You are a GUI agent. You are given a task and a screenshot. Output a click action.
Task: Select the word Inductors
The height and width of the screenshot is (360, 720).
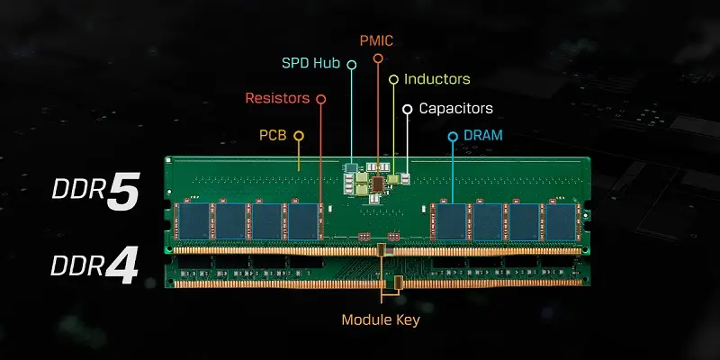(x=436, y=79)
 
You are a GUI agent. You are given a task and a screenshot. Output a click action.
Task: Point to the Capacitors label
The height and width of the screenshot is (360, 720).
(x=457, y=108)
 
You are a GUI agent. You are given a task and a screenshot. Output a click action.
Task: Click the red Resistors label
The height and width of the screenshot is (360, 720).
(x=277, y=98)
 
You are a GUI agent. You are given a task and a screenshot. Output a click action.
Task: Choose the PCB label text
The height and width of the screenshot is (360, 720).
(x=273, y=135)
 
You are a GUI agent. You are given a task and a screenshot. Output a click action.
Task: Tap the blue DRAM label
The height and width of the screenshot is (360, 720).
(x=483, y=135)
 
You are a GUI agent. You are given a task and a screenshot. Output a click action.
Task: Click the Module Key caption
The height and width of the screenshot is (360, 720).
(x=380, y=319)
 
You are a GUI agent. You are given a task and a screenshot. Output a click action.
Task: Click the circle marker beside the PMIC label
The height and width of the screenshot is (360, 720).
(x=379, y=58)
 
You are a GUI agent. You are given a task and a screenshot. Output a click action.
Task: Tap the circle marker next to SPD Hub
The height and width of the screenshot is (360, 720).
(x=352, y=65)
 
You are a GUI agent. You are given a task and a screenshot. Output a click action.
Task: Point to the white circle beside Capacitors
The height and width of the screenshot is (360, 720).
(x=408, y=109)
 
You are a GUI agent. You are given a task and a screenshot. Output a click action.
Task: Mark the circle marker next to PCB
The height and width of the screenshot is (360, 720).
(x=299, y=136)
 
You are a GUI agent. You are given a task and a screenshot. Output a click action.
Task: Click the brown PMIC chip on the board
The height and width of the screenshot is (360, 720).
(x=379, y=184)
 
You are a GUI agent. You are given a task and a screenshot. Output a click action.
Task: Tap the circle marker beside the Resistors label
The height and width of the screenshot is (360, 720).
(x=321, y=98)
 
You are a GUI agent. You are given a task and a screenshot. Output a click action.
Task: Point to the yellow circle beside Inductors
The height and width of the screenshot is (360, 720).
(x=393, y=80)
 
